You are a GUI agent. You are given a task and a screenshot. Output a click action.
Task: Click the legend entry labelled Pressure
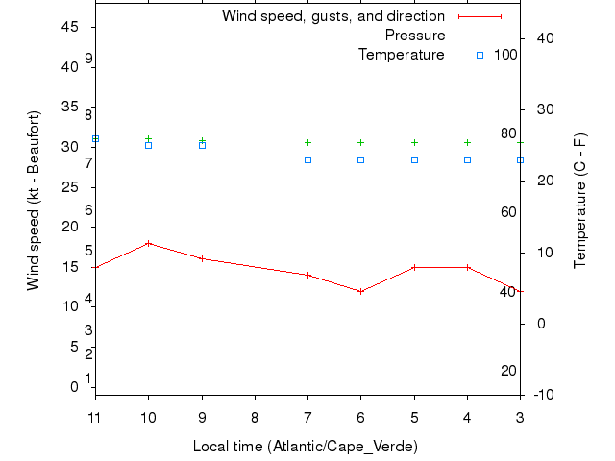(415, 36)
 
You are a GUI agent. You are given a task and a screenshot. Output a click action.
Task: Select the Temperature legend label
(402, 55)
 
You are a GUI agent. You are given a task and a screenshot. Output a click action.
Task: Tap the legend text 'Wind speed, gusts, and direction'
(333, 16)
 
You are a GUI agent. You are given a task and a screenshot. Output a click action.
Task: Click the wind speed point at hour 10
(148, 243)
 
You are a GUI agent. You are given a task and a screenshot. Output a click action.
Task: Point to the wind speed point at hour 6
(360, 291)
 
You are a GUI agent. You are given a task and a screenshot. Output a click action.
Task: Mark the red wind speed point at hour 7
(307, 275)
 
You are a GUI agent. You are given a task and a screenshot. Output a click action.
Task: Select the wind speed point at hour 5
(414, 267)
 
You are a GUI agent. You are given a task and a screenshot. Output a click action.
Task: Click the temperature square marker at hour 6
(360, 159)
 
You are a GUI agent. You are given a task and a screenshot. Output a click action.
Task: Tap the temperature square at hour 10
(148, 145)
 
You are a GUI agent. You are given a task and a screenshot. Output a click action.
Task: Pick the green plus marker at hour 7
(307, 142)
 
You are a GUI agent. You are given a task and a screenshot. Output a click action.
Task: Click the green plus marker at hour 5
(414, 142)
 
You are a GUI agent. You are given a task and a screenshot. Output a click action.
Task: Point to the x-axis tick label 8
(255, 417)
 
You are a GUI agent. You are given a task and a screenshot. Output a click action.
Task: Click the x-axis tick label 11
(95, 417)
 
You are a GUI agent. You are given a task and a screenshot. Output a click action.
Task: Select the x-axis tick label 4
(467, 417)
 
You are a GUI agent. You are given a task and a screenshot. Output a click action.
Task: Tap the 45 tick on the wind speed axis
(70, 27)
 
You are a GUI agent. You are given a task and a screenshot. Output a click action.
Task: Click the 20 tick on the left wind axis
(70, 227)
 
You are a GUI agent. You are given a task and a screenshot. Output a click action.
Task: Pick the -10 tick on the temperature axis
(541, 394)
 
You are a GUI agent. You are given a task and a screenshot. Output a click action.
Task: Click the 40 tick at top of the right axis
(541, 37)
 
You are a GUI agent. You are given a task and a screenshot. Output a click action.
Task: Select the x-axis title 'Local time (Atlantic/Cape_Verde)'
(306, 447)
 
